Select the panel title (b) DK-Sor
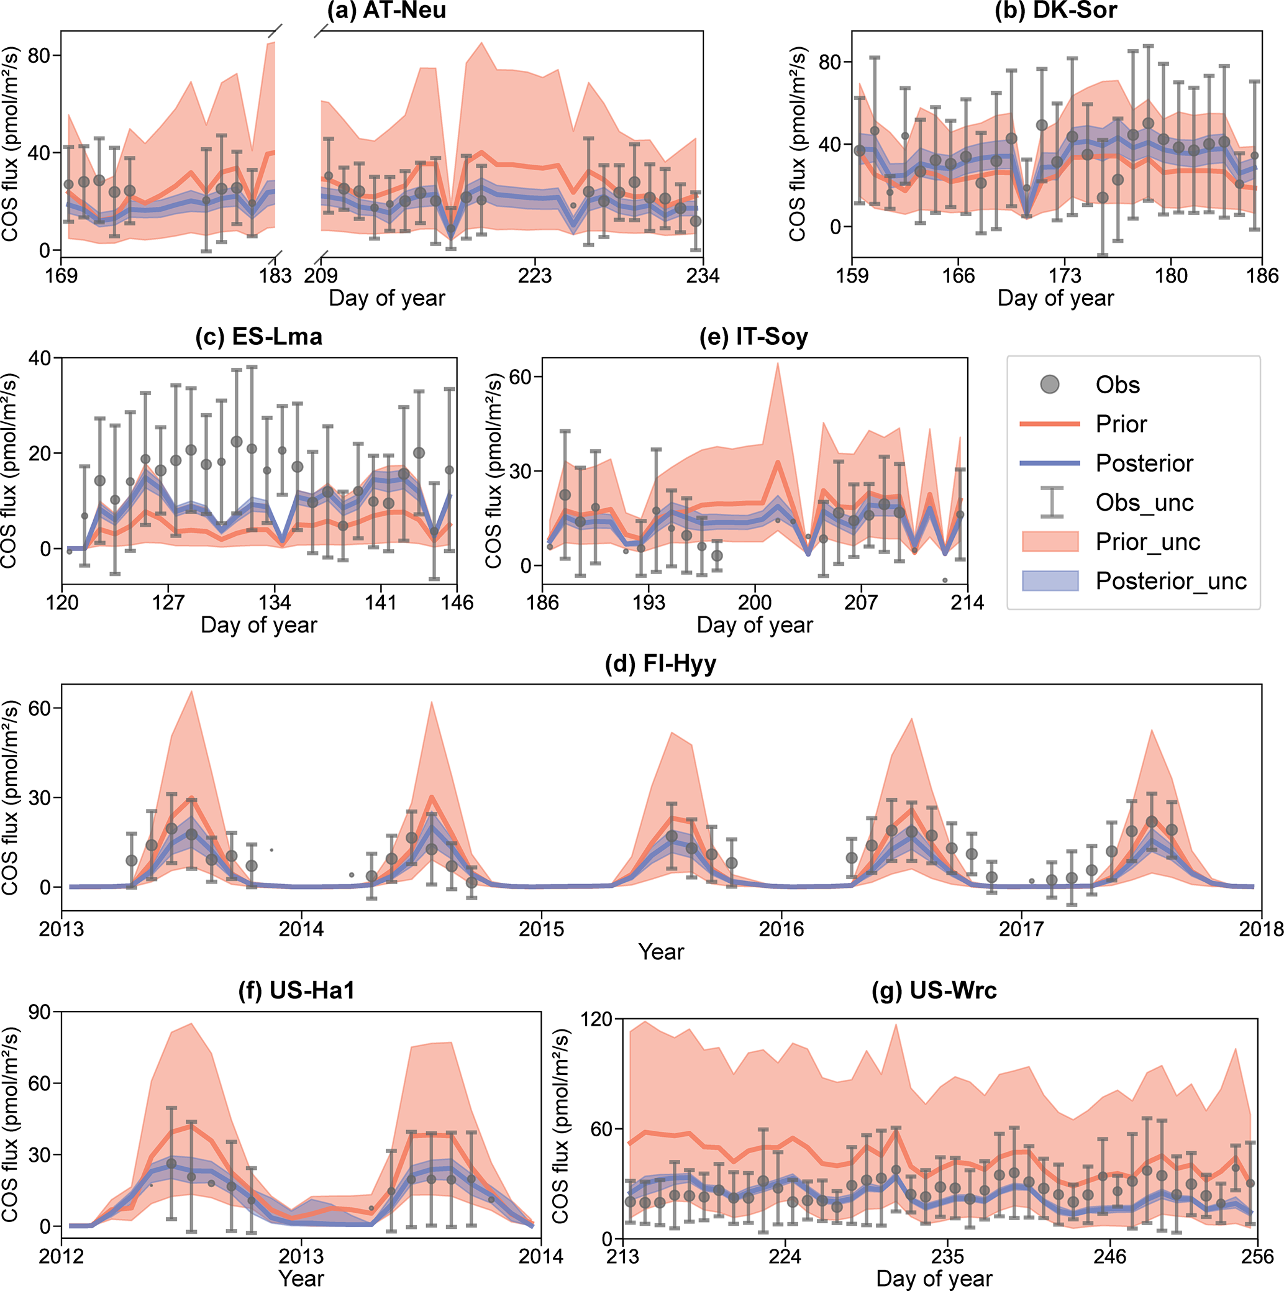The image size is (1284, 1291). tap(1055, 11)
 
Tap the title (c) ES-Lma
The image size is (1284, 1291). tap(258, 336)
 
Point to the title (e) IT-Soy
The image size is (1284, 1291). tap(754, 336)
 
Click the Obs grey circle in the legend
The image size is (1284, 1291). tap(1050, 385)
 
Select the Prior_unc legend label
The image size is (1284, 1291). tap(1148, 542)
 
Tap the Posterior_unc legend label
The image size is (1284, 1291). tap(1170, 582)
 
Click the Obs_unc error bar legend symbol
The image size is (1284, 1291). tap(1051, 503)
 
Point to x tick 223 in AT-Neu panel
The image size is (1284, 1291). tap(534, 275)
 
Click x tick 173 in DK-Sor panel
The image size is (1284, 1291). tap(1064, 275)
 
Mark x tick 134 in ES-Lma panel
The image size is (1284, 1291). tap(275, 603)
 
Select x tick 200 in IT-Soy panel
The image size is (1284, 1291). tap(754, 603)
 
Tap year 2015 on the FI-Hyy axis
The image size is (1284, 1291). tap(541, 929)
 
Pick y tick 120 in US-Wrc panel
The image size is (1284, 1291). tap(596, 1020)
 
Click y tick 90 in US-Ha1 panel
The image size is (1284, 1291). tap(40, 1013)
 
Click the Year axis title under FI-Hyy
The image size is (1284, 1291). tap(661, 952)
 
